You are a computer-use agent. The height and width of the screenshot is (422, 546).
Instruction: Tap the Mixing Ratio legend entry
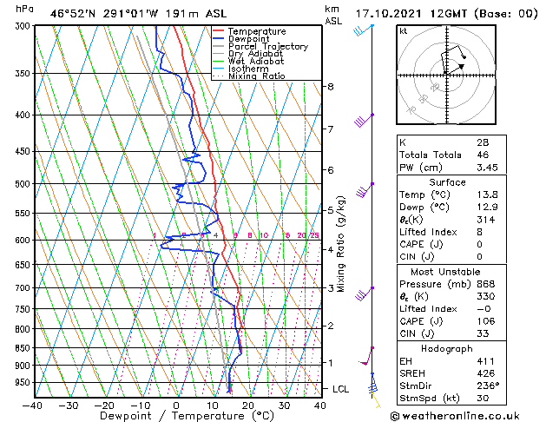(257, 76)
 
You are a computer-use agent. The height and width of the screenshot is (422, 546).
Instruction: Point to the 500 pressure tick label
(21, 184)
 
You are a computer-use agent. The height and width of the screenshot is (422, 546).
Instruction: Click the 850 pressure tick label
(21, 347)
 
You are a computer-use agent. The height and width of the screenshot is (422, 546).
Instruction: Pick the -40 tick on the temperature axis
(33, 405)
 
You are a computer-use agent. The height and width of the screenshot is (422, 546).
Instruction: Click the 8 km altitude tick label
(331, 87)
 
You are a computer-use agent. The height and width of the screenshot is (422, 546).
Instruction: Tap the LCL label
(340, 389)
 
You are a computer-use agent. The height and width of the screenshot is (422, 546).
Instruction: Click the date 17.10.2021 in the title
(391, 13)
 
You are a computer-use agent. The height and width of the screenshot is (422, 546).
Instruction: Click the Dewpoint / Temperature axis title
(176, 416)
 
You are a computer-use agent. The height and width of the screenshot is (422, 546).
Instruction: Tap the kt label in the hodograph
(403, 31)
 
